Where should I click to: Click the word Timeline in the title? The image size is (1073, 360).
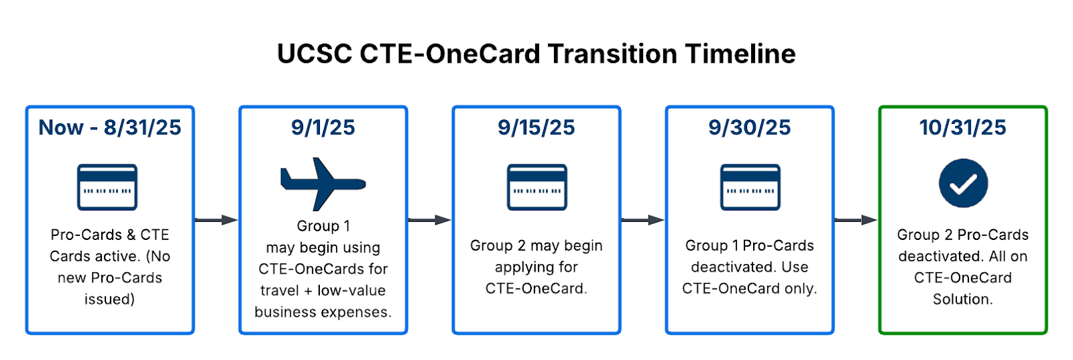(740, 53)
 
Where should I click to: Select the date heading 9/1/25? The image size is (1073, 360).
(323, 127)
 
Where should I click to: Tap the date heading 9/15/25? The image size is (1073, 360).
(536, 127)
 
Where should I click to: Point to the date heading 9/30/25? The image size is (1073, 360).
(749, 127)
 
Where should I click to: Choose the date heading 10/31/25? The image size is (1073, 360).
(963, 127)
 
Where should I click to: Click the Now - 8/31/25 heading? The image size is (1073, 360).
(110, 127)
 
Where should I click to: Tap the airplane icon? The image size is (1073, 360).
(323, 184)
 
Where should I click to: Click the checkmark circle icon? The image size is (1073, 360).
(963, 183)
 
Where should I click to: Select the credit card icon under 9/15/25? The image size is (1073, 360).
(536, 186)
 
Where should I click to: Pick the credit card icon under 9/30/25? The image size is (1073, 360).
(750, 186)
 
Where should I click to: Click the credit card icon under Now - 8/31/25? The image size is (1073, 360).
(107, 186)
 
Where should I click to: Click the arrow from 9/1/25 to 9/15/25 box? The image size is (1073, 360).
(429, 220)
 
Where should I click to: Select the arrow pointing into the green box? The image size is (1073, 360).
(856, 220)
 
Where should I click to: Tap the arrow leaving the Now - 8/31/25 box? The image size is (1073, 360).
(216, 220)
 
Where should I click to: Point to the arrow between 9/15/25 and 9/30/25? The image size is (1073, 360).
(642, 220)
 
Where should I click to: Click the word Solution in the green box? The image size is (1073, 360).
(962, 299)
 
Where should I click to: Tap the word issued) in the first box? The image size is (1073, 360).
(110, 300)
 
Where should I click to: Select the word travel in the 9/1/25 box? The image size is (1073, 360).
(279, 290)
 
